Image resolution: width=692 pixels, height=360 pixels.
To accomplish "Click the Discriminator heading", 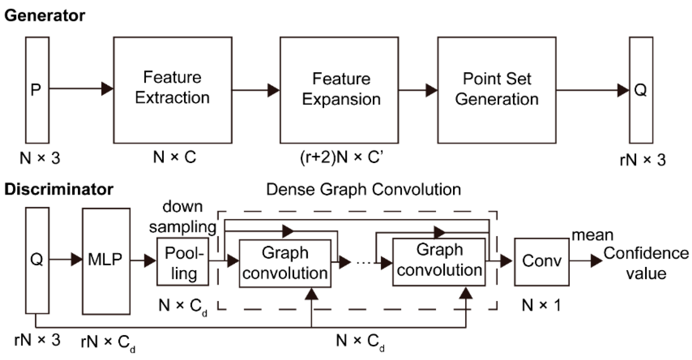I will tap(58, 189).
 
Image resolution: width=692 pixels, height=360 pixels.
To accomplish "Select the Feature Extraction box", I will tap(172, 90).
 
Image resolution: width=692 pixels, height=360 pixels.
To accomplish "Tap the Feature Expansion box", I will tap(339, 90).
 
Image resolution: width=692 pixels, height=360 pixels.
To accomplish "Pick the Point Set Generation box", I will tap(497, 90).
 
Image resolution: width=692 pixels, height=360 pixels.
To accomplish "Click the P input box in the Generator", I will tap(37, 90).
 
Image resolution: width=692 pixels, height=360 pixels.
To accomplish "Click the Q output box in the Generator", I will tap(641, 90).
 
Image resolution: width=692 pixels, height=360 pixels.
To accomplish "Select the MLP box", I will tap(106, 261).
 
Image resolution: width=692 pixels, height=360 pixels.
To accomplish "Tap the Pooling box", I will tap(183, 262).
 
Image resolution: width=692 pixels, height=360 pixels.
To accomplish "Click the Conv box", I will tap(541, 262).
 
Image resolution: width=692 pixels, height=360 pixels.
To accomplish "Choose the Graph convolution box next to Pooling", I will tap(285, 263).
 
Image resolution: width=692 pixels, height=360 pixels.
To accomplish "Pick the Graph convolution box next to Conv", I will tap(439, 262).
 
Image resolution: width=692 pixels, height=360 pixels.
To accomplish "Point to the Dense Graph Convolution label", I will tap(363, 190).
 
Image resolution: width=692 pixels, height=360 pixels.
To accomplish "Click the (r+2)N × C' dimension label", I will tap(341, 157).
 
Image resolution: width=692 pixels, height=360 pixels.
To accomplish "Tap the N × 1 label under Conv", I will tap(541, 305).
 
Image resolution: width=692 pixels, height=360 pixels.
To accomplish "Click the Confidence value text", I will tap(646, 263).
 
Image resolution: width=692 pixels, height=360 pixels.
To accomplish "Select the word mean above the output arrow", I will tap(592, 235).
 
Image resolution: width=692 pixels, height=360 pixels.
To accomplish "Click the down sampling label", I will tap(183, 217).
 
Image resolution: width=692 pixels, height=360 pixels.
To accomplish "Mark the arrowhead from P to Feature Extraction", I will tap(107, 89).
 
